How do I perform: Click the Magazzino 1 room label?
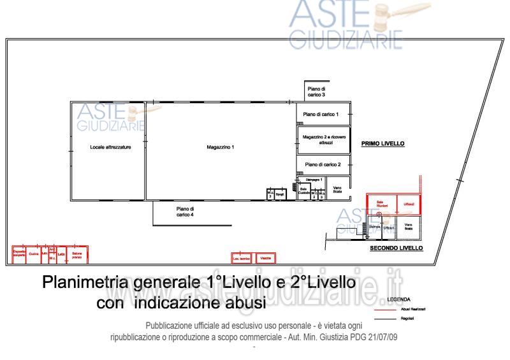click(x=221, y=147)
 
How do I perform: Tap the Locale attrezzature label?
click(x=110, y=147)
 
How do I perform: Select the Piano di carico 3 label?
click(x=316, y=92)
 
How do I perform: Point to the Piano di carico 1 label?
click(x=321, y=114)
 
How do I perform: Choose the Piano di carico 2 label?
click(x=322, y=164)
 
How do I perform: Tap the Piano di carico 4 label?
click(x=185, y=212)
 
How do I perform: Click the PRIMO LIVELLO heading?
click(x=382, y=144)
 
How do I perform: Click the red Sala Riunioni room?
click(x=381, y=204)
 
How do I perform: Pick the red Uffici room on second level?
click(x=409, y=204)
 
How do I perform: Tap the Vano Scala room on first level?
click(x=337, y=189)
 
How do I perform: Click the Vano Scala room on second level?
click(x=409, y=226)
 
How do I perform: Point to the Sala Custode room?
click(x=304, y=191)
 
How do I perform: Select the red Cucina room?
click(x=34, y=254)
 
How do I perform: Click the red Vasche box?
click(x=265, y=258)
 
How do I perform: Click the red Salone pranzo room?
click(x=78, y=254)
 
